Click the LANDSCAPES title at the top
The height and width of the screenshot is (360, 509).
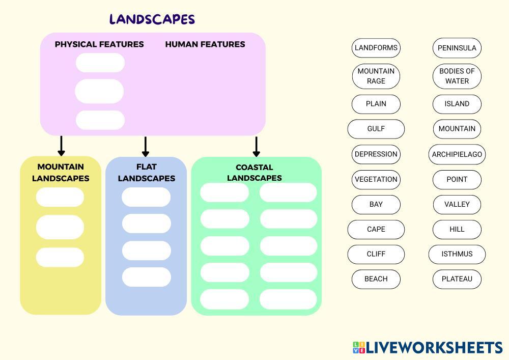tap(152, 19)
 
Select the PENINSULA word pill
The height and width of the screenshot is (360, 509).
tap(457, 48)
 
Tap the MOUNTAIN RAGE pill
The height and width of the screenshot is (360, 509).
tap(376, 76)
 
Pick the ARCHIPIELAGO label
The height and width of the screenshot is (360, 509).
tap(457, 154)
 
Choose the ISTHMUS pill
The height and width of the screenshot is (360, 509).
tap(457, 254)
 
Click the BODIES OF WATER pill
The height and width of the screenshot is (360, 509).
tap(457, 76)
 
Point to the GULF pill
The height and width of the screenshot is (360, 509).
tap(376, 129)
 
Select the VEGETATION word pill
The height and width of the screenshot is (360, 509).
tap(376, 179)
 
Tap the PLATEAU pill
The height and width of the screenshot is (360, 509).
tap(457, 279)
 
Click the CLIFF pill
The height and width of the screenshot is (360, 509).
tap(376, 254)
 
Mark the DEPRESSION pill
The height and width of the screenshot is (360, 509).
tap(376, 154)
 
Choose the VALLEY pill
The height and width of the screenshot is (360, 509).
tap(457, 204)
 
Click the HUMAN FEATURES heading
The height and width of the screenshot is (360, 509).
tap(205, 44)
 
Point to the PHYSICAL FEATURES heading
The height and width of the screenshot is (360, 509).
tap(99, 44)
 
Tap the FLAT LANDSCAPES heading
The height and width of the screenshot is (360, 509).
tap(146, 173)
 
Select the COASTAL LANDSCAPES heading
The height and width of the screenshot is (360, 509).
tap(254, 173)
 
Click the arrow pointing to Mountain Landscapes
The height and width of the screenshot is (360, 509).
tap(62, 146)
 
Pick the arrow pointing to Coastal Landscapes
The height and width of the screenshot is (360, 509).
tap(257, 147)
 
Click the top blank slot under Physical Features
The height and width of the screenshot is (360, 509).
tap(100, 63)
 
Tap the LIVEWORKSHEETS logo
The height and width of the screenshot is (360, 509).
tap(428, 348)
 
